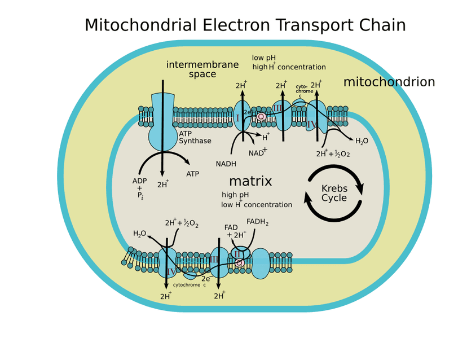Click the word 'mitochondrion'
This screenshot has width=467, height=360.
point(389,82)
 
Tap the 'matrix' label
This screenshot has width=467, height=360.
point(250,181)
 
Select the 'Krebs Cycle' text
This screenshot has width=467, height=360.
point(334,193)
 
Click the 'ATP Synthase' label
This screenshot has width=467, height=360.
point(195,137)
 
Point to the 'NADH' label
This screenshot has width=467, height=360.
point(226,164)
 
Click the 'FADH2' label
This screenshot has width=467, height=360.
point(257,222)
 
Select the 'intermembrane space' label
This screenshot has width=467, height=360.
point(202,69)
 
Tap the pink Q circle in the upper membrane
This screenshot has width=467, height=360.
point(261,116)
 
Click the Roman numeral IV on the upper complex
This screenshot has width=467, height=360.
point(312,124)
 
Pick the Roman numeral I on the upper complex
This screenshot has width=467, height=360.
point(237,118)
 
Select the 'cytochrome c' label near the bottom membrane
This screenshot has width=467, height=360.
point(189,285)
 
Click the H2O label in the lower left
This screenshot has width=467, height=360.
point(139,234)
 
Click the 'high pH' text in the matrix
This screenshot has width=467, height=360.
point(235,195)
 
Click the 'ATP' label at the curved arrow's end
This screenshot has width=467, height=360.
point(192,174)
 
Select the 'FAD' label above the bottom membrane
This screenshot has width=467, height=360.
point(231,227)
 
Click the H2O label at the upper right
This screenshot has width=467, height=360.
point(362,141)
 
